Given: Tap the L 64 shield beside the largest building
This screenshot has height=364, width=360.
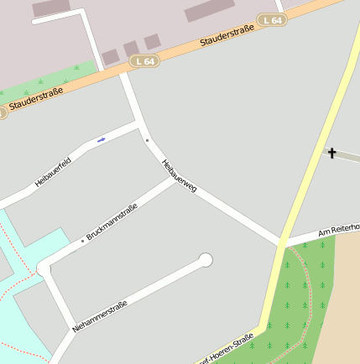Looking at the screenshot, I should pos(273,19).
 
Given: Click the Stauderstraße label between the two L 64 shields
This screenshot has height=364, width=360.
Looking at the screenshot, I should pos(227,34).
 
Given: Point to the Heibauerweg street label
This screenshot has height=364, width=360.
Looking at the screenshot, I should pos(179,176).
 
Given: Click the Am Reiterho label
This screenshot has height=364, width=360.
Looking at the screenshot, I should pos(338,229).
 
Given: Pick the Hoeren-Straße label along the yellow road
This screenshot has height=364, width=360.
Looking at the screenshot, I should pos(226,350).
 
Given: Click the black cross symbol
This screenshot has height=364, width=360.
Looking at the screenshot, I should pos(331,153).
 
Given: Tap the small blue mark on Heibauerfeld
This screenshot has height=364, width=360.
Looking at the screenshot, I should pos(101,140).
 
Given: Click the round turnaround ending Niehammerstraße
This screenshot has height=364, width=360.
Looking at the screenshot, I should pos(205,260).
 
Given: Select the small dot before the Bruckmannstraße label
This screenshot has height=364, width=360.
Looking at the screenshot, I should pos(82,242).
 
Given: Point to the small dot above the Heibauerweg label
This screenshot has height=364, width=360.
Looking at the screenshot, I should pos(147,140).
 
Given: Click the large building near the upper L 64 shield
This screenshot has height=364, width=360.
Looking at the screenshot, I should pos(209,10).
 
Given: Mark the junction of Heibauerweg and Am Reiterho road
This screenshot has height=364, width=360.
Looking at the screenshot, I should pos(279,243).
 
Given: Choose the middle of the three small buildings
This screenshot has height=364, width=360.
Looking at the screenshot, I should pos(131,49).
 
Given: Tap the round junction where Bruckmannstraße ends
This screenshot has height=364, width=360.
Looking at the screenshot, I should pos(43,268).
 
